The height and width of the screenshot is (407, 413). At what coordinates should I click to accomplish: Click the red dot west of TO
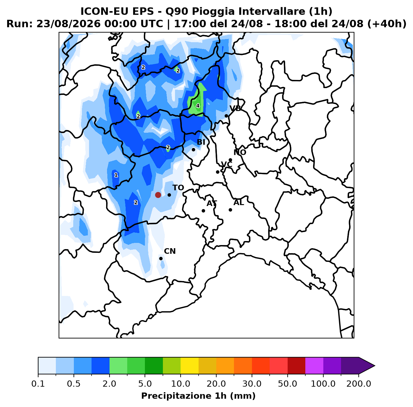coord(158,195)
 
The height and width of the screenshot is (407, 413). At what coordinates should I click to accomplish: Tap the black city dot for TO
coord(169,195)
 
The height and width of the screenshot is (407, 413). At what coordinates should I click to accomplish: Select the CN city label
coord(170,251)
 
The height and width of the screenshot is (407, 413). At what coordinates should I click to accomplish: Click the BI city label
coord(201,142)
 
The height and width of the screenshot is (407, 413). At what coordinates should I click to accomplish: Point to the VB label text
coord(235,108)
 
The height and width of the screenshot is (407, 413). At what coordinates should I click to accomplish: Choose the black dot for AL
coord(230,210)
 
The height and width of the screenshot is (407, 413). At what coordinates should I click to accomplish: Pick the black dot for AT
coord(203,211)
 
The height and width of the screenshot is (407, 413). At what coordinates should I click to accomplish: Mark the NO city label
coord(240,152)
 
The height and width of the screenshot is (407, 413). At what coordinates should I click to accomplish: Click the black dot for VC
coord(218,172)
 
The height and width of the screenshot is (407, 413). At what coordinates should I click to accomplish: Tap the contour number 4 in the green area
coord(198,106)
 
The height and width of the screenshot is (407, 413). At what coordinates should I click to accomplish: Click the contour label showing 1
coord(116,175)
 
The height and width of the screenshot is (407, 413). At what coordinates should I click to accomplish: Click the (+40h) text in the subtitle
coord(387,24)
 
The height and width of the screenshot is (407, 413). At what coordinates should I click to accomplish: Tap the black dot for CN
coord(161,258)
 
